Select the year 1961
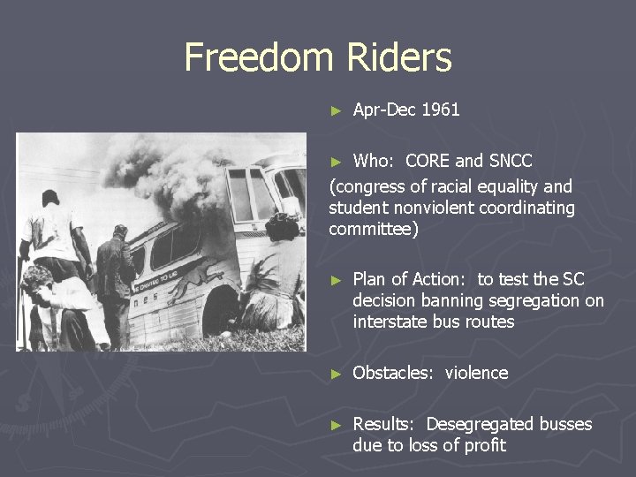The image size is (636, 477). point(441,110)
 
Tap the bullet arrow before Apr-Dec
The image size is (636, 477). point(335,111)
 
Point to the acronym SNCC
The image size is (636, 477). point(511,162)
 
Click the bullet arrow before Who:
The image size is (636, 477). point(335,163)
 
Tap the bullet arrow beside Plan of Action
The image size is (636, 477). point(335,281)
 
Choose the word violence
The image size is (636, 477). point(476,374)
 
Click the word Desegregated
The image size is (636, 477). point(493,425)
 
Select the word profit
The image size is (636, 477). point(484,446)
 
